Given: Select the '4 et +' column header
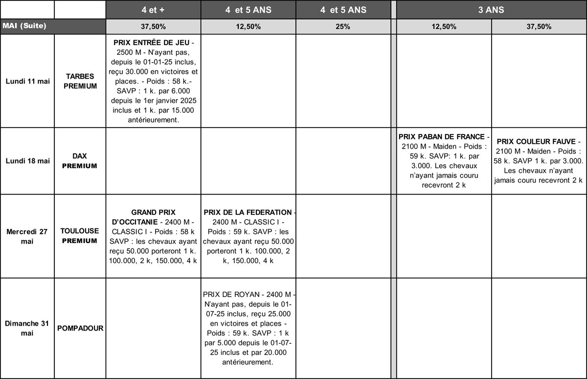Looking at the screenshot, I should click(153, 10).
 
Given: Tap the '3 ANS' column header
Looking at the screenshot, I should click(491, 10).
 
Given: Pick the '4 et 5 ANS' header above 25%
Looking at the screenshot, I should click(343, 10).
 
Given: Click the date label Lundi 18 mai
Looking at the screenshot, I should click(27, 161).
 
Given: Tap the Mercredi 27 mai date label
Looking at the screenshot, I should click(27, 236).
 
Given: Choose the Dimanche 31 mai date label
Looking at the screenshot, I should click(27, 328).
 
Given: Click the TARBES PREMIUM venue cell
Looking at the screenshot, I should click(80, 81).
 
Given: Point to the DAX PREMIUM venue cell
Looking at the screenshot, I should click(80, 161).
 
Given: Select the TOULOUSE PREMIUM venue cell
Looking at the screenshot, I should click(80, 236).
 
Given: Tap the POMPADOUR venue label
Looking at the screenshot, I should click(80, 328).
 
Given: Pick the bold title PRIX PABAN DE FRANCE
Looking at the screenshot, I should click(441, 136).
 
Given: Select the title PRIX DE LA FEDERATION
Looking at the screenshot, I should click(247, 212).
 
